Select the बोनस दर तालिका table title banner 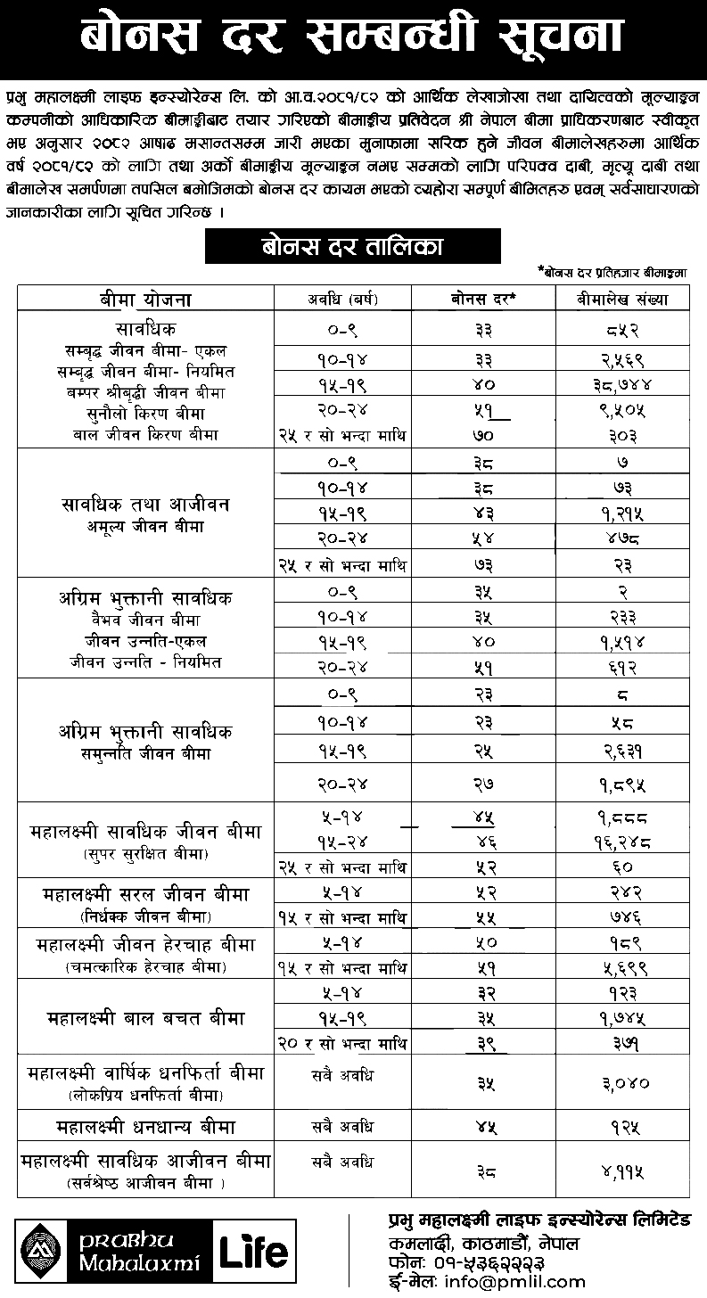[352, 246]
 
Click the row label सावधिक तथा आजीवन [145, 505]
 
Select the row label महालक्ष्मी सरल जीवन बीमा [145, 893]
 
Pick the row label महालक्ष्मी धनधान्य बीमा [145, 1125]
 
